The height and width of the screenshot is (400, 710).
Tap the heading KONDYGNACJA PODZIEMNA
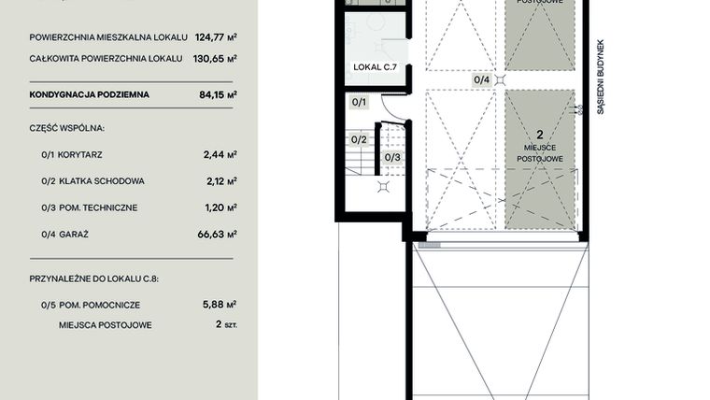click(90, 94)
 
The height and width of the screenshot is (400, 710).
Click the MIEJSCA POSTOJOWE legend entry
click(105, 325)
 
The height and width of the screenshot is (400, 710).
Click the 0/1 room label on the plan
click(360, 102)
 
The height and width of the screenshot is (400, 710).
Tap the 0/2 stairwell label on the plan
click(359, 139)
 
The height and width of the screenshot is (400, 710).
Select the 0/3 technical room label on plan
click(392, 157)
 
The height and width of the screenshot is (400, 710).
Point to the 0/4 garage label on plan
click(482, 79)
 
